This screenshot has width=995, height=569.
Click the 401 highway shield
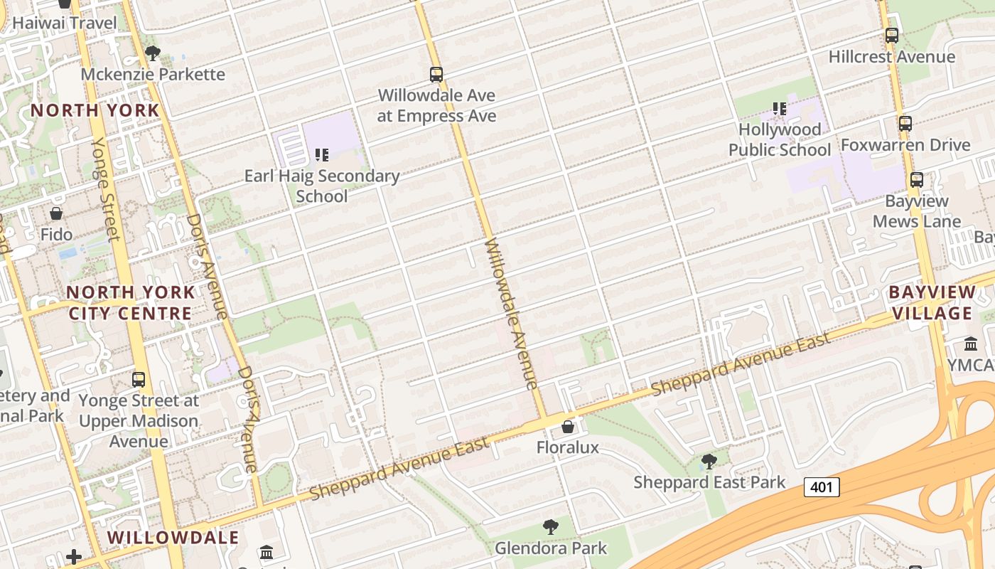point(822,487)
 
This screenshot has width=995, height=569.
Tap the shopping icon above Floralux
point(567,427)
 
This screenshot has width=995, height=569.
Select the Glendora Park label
point(551,548)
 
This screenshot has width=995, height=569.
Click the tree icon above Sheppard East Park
point(709,462)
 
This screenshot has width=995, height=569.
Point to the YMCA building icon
point(971,344)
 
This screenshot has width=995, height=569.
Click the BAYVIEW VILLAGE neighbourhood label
point(932,302)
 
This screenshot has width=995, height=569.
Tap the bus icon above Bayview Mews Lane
point(917,179)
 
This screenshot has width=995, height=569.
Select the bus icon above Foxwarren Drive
point(905,123)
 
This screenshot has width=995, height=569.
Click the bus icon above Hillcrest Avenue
point(891,35)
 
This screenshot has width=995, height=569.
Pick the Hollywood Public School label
point(780,139)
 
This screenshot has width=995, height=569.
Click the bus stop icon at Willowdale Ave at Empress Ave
point(436,74)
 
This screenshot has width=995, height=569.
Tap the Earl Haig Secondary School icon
point(322,154)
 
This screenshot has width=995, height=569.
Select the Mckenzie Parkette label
point(153,74)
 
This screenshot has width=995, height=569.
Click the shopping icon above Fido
point(56,213)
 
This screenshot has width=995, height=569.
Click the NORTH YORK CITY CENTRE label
point(130,302)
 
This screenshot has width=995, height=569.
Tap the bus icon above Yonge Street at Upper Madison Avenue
point(139,379)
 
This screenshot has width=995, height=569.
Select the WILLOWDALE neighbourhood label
point(173,537)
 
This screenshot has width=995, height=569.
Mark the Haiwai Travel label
point(64,23)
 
